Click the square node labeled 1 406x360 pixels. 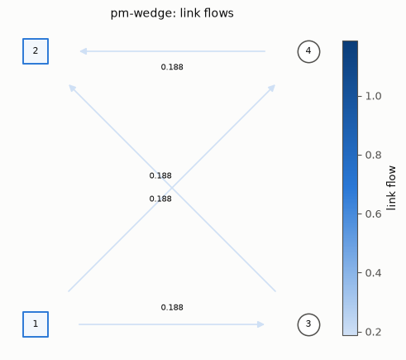[36, 324]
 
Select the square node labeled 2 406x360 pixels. [36, 51]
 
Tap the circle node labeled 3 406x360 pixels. [308, 324]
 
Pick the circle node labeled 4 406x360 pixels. [308, 51]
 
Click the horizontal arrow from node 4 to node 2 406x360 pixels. [173, 51]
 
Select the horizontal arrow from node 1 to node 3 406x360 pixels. [171, 324]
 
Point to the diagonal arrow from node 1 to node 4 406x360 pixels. [172, 188]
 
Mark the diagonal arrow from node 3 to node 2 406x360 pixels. [172, 188]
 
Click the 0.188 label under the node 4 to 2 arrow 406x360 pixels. [172, 67]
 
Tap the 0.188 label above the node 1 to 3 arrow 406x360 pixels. [172, 307]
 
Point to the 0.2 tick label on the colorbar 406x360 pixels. [373, 332]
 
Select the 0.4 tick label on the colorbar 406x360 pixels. [373, 273]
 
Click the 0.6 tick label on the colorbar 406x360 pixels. [373, 214]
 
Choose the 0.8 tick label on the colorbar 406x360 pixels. [373, 155]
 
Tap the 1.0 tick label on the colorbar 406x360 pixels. [373, 96]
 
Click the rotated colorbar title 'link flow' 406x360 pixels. [391, 188]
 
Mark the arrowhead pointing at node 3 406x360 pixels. [260, 324]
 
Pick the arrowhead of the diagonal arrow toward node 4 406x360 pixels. [272, 89]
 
